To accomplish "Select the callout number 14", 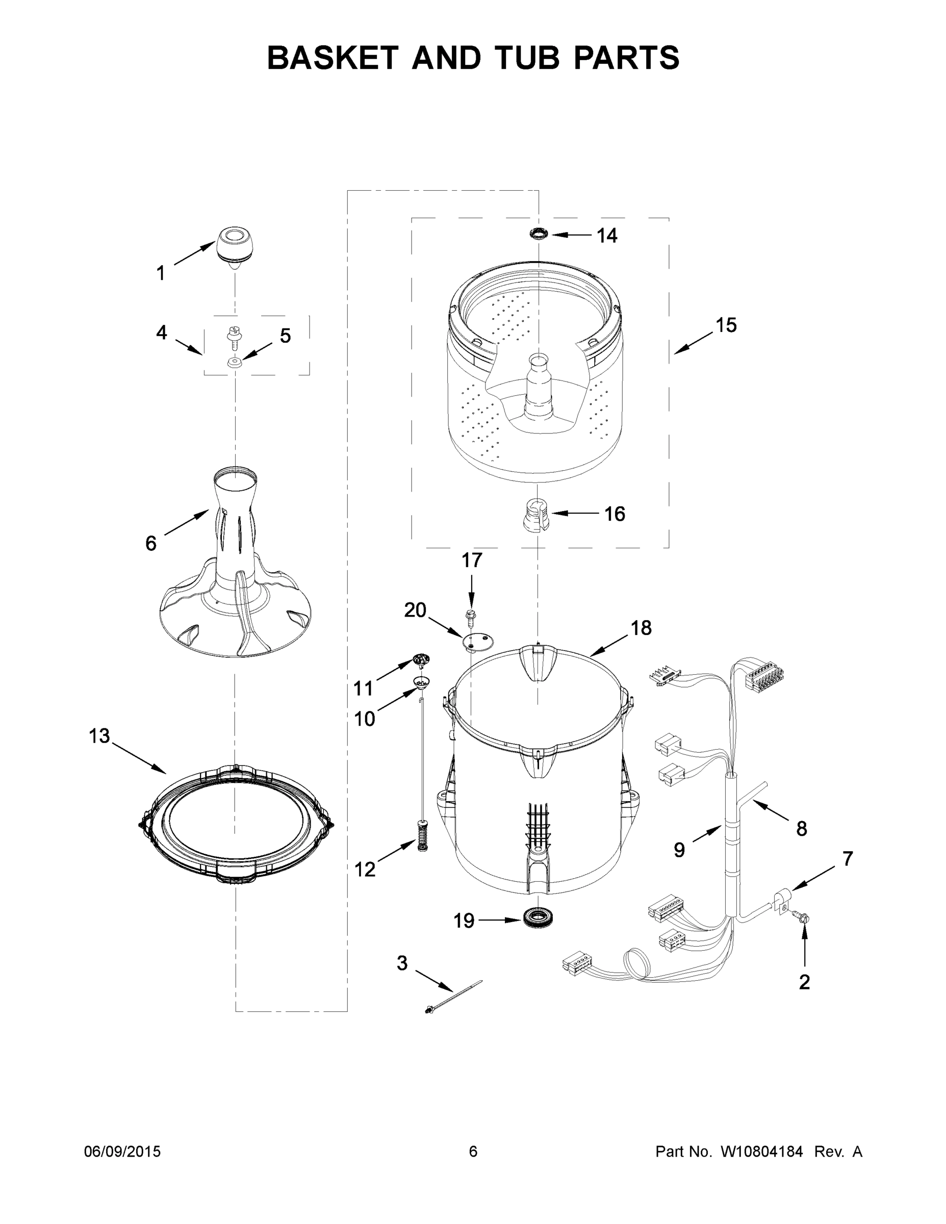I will tap(606, 236).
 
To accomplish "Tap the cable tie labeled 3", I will tap(453, 996).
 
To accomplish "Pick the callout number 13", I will tap(99, 736).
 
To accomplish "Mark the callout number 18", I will tap(641, 628).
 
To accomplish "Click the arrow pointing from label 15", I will tap(693, 344).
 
